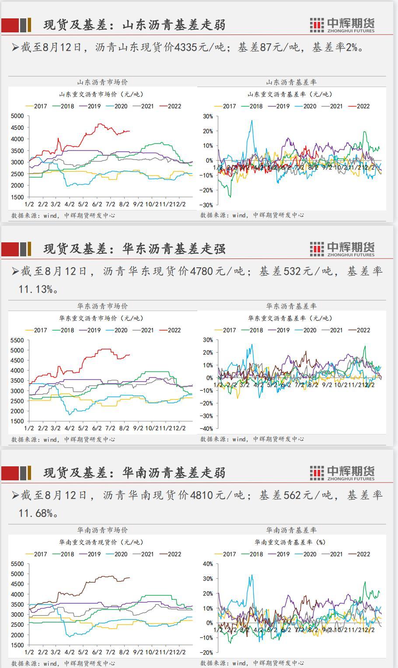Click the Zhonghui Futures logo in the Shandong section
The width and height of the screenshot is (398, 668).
[342, 25]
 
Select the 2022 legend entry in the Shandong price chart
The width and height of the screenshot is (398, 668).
[170, 106]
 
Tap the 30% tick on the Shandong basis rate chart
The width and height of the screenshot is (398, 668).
[207, 116]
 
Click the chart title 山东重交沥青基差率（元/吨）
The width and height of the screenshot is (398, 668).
[290, 94]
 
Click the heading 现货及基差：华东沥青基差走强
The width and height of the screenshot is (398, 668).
[134, 249]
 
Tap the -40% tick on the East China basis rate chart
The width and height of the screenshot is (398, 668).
[206, 429]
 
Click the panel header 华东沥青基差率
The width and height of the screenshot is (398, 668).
[291, 306]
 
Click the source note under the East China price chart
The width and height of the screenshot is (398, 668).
[63, 439]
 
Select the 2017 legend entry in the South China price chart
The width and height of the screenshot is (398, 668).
[36, 554]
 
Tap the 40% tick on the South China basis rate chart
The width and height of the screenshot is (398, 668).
[207, 564]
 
